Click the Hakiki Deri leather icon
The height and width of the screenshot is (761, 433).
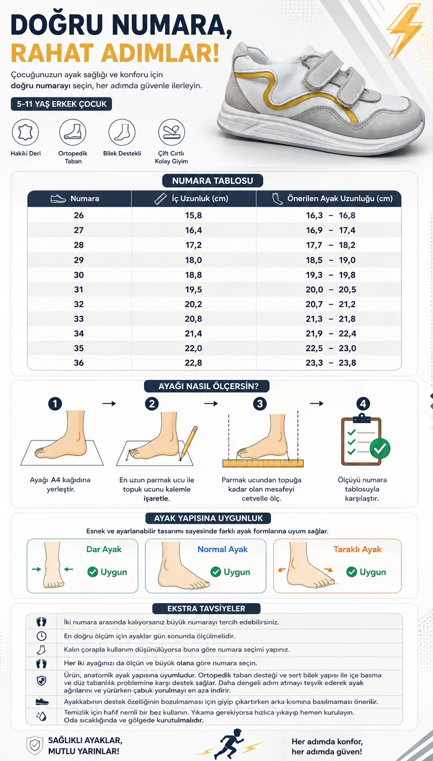tap(26, 132)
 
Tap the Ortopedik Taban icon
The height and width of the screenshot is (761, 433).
tap(73, 132)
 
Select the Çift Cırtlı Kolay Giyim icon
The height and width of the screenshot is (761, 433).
tap(172, 132)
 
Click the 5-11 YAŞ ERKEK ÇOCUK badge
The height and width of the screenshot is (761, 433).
tap(61, 104)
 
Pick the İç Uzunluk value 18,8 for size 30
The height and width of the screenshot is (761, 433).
tap(194, 275)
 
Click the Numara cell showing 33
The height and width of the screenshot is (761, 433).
tap(79, 318)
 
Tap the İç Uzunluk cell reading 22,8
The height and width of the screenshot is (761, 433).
tap(194, 363)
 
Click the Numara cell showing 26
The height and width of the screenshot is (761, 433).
tap(79, 216)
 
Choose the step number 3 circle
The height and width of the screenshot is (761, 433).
tap(260, 404)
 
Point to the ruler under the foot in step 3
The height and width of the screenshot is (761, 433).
tap(263, 463)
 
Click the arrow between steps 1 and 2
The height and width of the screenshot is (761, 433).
tap(109, 404)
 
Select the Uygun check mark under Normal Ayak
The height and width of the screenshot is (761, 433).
tap(216, 572)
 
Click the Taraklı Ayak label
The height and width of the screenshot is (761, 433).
tap(357, 549)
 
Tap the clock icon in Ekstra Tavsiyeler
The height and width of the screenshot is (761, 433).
tap(42, 636)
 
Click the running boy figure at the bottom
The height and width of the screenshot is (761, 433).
tap(231, 743)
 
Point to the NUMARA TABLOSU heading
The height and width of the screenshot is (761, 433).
tap(212, 181)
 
